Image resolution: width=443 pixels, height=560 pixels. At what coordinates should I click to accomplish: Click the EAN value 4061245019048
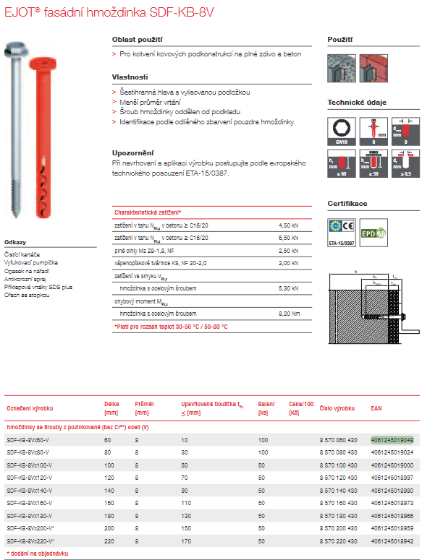coord(392,439)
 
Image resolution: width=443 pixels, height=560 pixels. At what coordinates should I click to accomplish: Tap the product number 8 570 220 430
coord(337,540)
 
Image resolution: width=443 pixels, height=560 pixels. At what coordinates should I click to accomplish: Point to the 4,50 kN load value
coord(288,226)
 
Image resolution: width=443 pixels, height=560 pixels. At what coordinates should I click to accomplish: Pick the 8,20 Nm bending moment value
coord(289,313)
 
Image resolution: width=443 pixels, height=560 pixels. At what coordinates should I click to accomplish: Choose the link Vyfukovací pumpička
coord(30,262)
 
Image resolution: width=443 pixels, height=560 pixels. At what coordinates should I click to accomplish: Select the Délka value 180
coord(109,515)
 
